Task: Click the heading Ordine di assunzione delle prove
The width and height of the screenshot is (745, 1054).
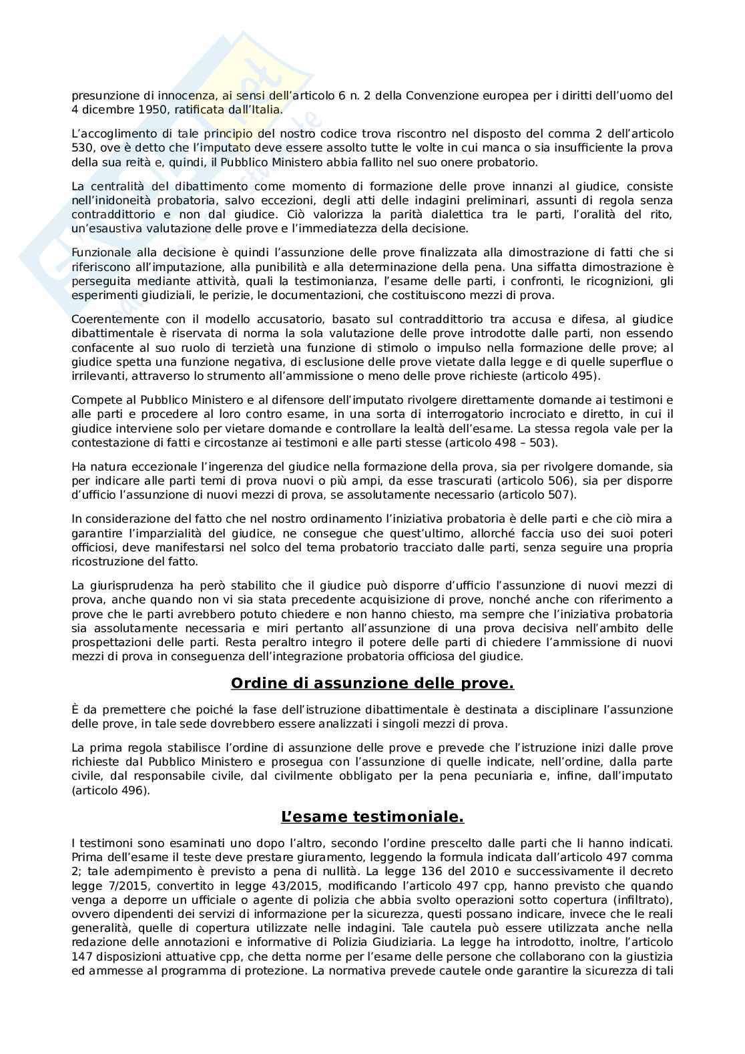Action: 372,683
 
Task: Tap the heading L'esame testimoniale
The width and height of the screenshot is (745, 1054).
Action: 372,817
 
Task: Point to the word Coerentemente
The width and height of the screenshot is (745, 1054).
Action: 108,320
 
